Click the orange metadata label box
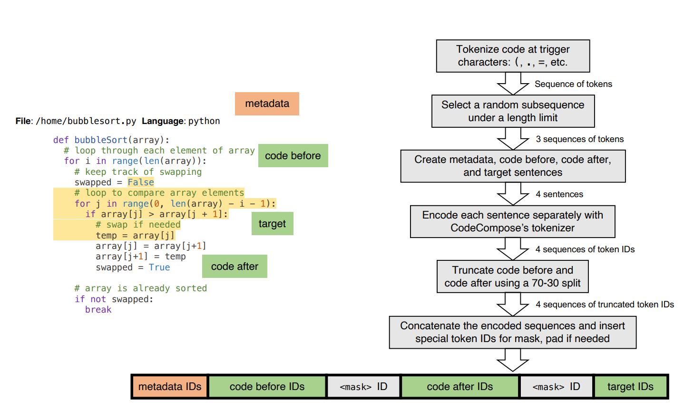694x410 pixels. click(267, 104)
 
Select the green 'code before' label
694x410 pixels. click(293, 155)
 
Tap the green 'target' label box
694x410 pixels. click(272, 224)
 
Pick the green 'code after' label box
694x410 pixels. click(235, 267)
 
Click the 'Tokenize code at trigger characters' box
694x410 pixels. click(513, 56)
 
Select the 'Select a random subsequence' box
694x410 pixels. click(513, 111)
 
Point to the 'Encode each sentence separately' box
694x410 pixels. click(512, 221)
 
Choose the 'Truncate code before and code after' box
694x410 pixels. click(512, 277)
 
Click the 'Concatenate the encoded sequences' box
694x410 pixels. click(512, 332)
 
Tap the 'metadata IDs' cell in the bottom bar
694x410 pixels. click(170, 387)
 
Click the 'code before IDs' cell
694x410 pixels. click(267, 387)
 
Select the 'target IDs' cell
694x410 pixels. click(630, 387)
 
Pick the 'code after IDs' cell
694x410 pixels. click(459, 387)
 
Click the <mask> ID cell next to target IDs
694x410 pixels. click(556, 387)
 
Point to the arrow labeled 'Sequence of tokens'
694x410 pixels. click(513, 84)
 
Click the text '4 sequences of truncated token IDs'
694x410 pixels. click(605, 305)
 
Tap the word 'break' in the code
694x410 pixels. click(98, 310)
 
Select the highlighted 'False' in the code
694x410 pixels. click(141, 182)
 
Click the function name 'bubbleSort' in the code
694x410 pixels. click(101, 140)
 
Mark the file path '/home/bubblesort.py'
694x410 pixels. click(86, 121)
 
